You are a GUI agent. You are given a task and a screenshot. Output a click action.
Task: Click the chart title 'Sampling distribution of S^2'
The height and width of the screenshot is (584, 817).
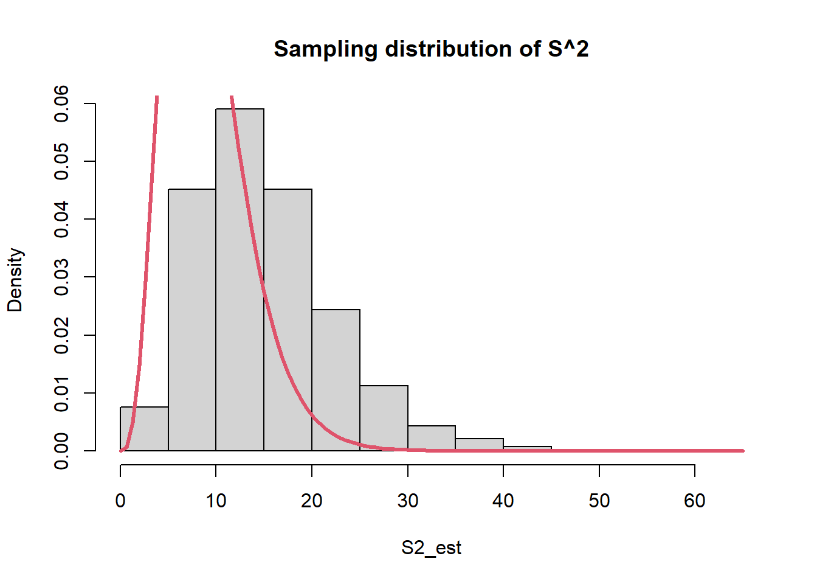click(431, 49)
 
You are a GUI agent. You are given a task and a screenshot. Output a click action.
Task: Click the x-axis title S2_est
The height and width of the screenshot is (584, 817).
click(431, 548)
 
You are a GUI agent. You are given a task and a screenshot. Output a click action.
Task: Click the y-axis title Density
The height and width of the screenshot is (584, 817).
click(15, 280)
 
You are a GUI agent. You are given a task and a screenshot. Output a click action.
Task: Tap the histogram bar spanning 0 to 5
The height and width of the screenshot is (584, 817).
click(145, 429)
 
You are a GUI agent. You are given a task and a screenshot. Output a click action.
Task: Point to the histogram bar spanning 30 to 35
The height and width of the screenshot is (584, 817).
click(432, 438)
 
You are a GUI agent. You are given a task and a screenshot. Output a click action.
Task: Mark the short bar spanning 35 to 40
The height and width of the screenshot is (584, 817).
click(479, 445)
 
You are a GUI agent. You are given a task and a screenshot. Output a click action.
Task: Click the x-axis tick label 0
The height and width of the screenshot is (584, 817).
click(120, 501)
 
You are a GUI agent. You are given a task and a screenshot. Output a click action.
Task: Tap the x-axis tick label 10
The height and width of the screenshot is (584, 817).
click(216, 501)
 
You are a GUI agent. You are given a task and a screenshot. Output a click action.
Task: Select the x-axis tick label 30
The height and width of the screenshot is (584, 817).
click(407, 501)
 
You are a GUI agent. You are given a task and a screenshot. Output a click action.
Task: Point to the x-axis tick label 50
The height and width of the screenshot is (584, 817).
click(599, 501)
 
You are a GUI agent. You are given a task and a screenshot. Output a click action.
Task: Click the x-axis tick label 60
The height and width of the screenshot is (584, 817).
click(694, 501)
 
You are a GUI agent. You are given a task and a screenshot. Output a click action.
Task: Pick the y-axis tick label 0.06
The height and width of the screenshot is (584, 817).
click(62, 103)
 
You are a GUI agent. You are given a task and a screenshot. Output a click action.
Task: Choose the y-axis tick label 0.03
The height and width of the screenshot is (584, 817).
click(62, 277)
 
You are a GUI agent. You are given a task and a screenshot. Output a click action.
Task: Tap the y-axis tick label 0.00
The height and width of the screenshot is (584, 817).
click(62, 451)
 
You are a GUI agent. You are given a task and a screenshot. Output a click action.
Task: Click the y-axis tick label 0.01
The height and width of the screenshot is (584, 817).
click(62, 393)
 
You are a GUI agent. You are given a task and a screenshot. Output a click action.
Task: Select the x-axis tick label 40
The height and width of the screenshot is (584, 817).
click(503, 501)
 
